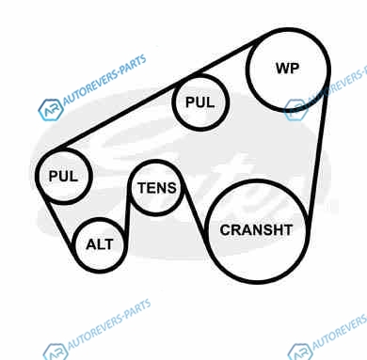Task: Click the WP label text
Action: (287, 69)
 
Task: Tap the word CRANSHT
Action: (256, 230)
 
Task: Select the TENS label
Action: (157, 188)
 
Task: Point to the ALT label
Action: (100, 244)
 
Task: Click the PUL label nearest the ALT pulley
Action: (63, 176)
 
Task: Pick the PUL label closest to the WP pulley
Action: (199, 102)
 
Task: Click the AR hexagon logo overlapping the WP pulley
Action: (295, 110)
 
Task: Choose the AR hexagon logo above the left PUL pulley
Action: (51, 110)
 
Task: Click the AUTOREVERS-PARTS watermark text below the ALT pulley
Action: (109, 323)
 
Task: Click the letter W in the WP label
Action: (282, 69)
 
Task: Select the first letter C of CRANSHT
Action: (225, 230)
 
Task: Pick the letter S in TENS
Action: (171, 188)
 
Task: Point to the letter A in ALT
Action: (91, 244)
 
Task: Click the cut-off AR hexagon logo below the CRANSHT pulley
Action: (300, 352)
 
